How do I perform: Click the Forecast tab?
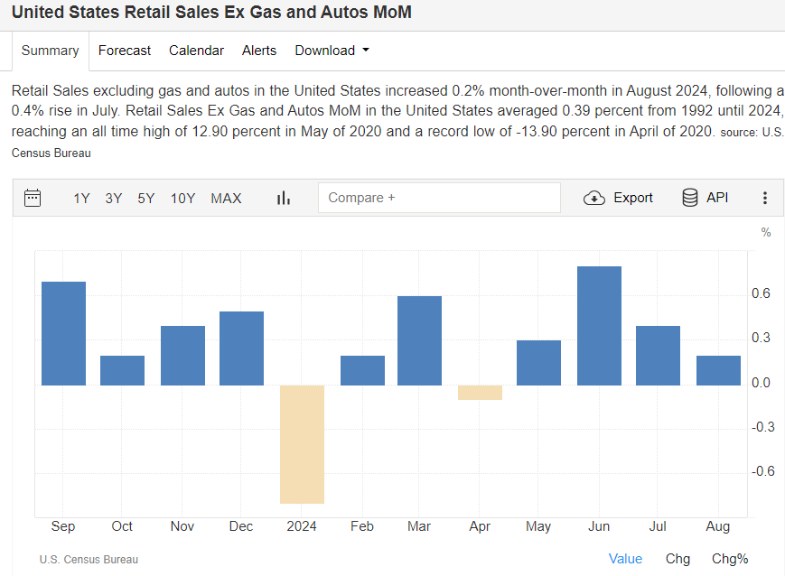[125, 51]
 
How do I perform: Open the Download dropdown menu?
[332, 51]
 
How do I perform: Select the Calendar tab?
[196, 51]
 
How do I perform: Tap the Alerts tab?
[259, 51]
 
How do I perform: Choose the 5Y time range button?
[146, 199]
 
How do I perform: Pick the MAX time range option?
[226, 199]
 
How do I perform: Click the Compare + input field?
[439, 198]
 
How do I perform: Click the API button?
[705, 198]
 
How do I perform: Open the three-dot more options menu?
[765, 199]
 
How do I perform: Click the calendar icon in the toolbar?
[33, 198]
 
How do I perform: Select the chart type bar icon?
[284, 199]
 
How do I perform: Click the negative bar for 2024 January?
[302, 443]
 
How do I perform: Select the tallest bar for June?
[599, 325]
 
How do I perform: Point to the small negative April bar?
[480, 392]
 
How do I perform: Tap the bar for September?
[63, 333]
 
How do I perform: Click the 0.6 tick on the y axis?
[761, 293]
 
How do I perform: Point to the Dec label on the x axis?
[241, 526]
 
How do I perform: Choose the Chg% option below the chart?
[730, 559]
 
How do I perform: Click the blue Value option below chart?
[625, 559]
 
